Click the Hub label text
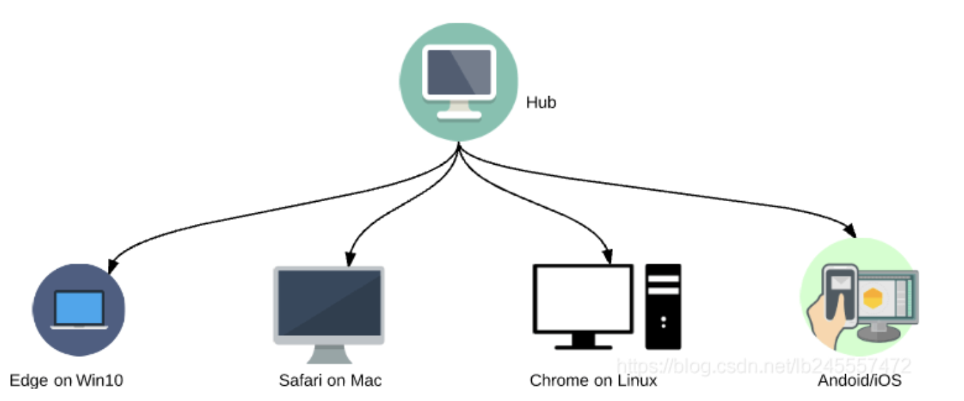tap(541, 103)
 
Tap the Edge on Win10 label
tap(67, 380)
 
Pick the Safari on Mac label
tap(330, 380)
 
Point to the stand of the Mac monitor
tap(329, 353)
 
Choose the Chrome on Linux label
tap(593, 380)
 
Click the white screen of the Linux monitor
tap(583, 299)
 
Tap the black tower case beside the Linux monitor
tap(663, 306)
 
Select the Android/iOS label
tap(860, 380)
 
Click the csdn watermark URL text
tap(763, 365)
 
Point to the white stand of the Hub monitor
tap(459, 110)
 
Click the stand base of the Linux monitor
tap(583, 345)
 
